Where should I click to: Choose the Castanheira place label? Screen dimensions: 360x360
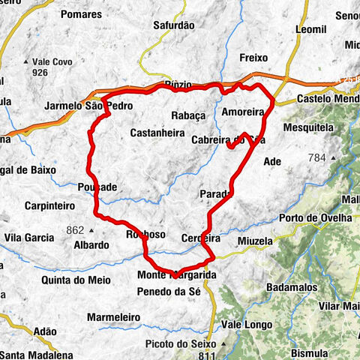tap(157, 133)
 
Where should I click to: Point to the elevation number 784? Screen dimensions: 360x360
tap(319, 157)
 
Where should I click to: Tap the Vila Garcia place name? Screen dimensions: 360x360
tap(30, 238)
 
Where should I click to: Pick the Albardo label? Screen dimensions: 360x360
tap(91, 245)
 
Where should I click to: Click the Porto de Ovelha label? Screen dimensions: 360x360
tap(314, 217)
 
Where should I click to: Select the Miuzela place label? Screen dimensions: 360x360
tap(253, 241)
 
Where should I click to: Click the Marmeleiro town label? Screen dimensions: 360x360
tap(115, 317)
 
